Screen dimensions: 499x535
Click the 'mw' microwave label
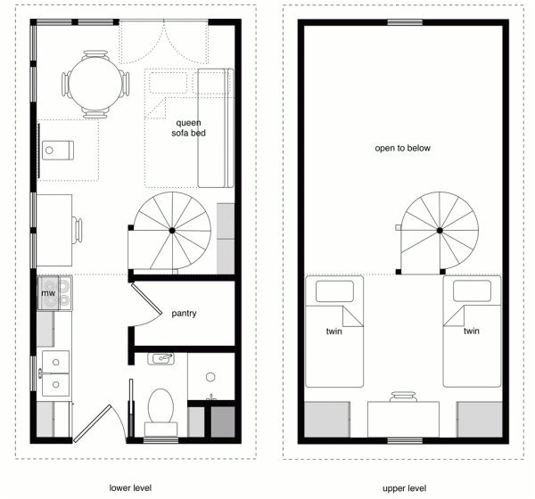click(46, 291)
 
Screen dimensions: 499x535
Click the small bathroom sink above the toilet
click(163, 358)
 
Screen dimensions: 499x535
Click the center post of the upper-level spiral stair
click(440, 230)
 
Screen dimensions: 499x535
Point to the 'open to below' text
click(402, 148)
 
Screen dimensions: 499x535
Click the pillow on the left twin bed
click(336, 290)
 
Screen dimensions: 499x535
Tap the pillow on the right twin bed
click(472, 290)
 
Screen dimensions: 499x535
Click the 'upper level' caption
click(403, 487)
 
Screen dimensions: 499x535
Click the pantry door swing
click(143, 312)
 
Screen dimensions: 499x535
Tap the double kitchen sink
click(55, 373)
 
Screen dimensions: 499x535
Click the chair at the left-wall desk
click(78, 231)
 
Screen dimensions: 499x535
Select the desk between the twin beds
click(403, 419)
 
